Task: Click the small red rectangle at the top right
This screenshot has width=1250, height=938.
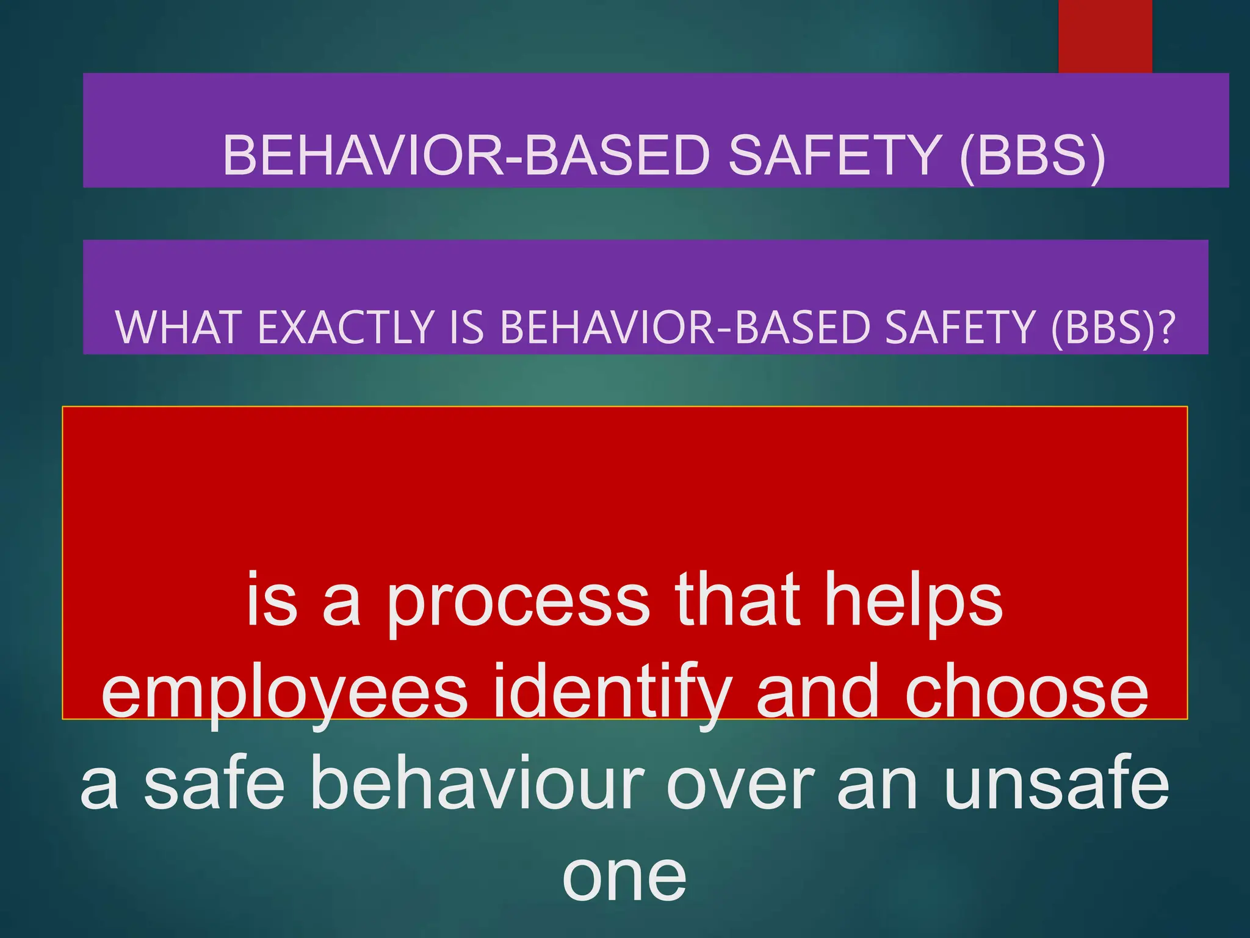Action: coord(1105,35)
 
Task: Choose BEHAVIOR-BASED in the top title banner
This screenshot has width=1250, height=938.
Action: coord(466,155)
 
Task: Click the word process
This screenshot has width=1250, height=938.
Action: coord(518,602)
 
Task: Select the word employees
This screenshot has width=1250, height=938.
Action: coord(284,693)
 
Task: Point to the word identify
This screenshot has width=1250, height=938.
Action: coord(613,693)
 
